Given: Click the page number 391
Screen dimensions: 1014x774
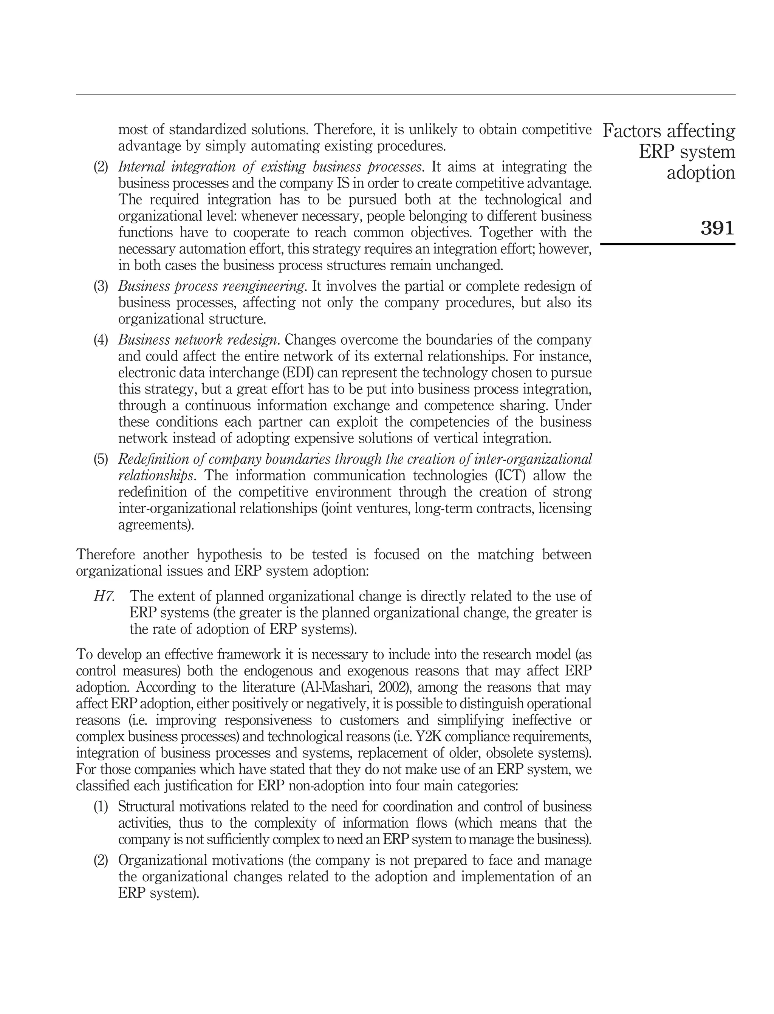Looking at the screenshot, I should click(717, 228).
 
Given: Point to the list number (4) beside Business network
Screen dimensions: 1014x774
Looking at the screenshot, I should click(101, 340).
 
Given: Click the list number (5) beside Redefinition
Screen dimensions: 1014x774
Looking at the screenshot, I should click(101, 459).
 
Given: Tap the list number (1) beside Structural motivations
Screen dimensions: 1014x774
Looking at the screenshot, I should click(101, 806).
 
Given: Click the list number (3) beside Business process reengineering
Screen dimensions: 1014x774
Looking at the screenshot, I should click(101, 286).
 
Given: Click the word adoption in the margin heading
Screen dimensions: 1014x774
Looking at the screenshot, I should click(700, 173).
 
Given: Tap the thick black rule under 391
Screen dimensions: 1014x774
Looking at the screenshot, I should click(667, 244).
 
